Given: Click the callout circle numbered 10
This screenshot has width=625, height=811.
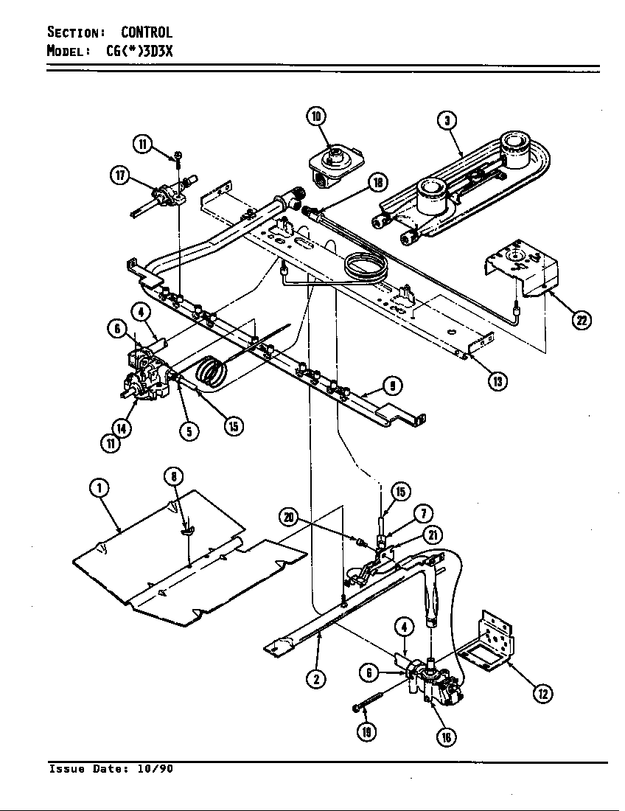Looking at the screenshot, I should (x=316, y=116).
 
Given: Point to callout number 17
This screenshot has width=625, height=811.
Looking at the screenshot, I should (x=119, y=175).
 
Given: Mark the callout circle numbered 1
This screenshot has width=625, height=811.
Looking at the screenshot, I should (x=99, y=487).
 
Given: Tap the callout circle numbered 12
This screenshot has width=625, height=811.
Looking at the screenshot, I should (x=542, y=692).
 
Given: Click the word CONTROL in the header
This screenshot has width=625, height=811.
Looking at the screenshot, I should (x=147, y=32).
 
